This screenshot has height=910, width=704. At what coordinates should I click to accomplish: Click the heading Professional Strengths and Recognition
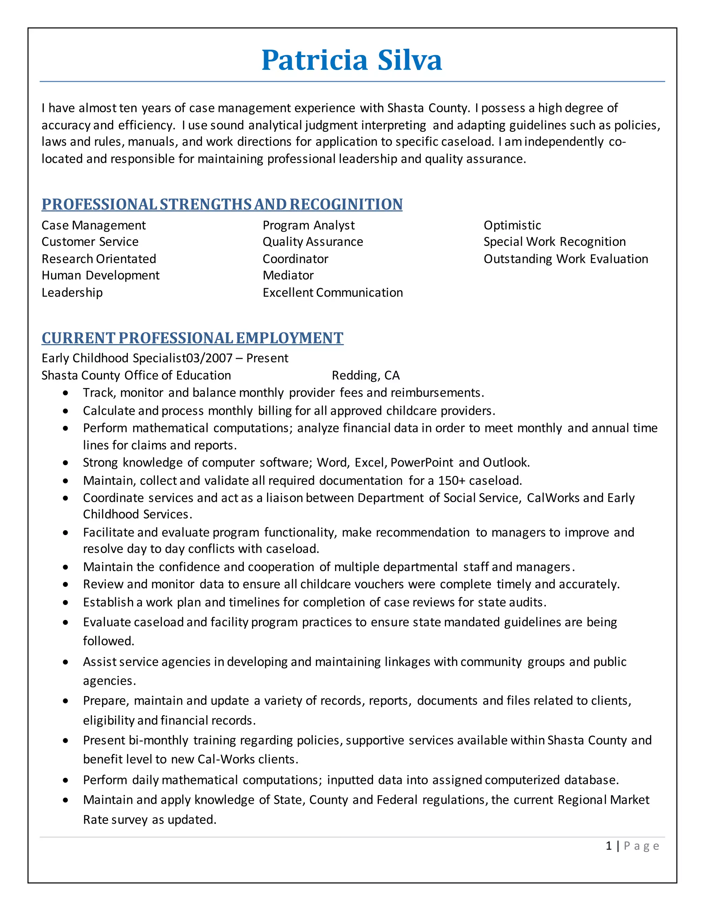(222, 205)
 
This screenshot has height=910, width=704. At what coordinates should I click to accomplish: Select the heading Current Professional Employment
(192, 338)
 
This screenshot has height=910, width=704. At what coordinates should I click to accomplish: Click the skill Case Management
(93, 225)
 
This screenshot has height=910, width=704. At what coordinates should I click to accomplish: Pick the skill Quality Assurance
(313, 242)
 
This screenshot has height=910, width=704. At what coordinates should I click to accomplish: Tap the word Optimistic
(512, 225)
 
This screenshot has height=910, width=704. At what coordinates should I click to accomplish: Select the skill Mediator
(288, 275)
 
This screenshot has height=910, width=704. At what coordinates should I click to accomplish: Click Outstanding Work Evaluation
(565, 259)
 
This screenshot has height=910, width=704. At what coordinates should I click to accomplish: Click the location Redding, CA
(366, 375)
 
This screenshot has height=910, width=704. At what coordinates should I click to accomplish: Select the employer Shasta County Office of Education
(136, 375)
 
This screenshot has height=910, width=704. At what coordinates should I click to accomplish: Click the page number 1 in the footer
(609, 846)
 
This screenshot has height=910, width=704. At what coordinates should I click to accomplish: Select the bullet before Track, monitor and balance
(65, 393)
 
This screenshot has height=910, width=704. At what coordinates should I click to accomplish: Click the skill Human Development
(100, 275)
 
